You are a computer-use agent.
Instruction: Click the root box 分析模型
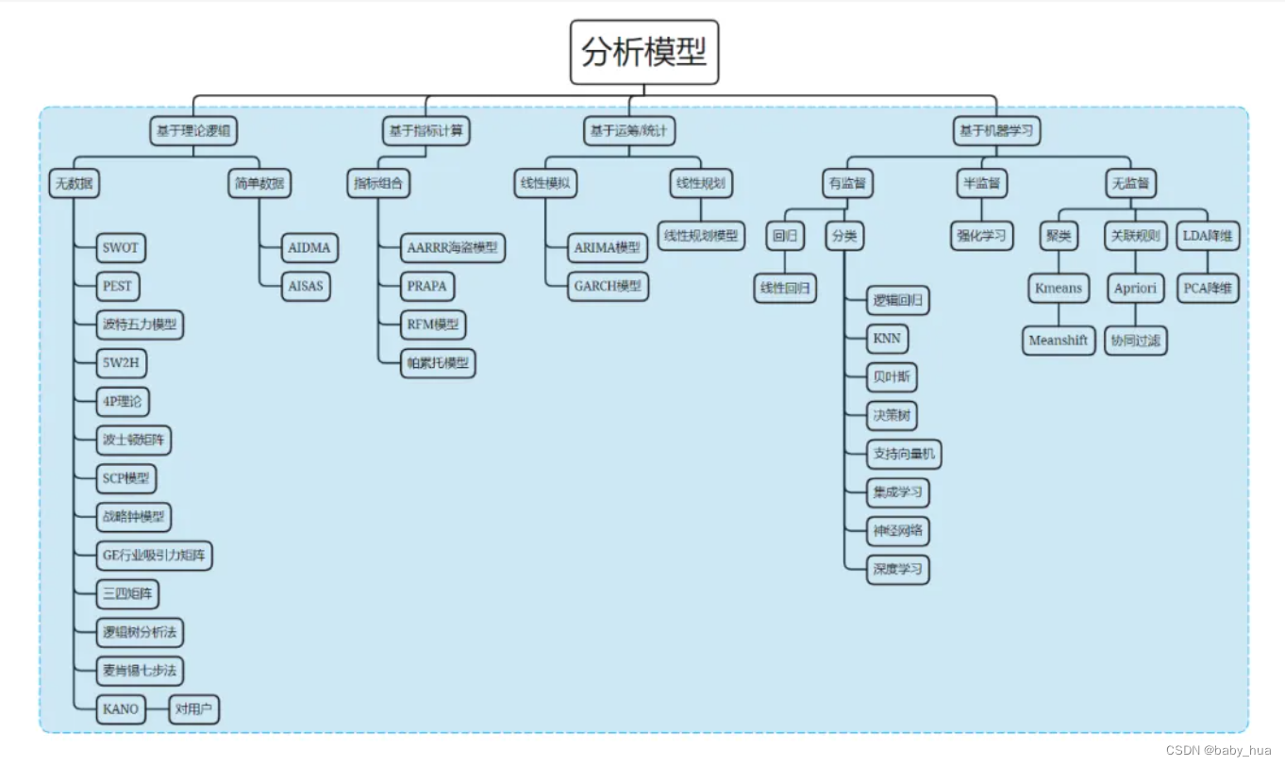click(x=643, y=53)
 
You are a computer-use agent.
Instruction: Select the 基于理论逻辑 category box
click(x=192, y=131)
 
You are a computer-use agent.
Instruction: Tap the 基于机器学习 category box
click(x=996, y=131)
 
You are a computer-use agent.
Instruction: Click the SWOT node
click(x=121, y=248)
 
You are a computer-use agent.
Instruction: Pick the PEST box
click(x=119, y=286)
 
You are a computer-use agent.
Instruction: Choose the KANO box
click(x=121, y=709)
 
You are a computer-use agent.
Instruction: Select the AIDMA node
click(x=309, y=248)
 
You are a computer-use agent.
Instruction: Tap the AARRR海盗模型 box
click(x=452, y=248)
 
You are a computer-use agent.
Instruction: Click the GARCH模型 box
click(x=608, y=287)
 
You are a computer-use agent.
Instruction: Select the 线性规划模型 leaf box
click(x=701, y=235)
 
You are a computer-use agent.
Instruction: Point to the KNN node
click(x=887, y=339)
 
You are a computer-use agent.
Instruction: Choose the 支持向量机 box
click(x=904, y=454)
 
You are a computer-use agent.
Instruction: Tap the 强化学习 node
click(x=981, y=235)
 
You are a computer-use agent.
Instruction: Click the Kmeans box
click(x=1059, y=288)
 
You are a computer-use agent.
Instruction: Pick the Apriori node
click(x=1135, y=288)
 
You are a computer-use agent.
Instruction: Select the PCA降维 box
click(x=1208, y=288)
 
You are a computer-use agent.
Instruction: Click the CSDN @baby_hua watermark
click(x=1219, y=750)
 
